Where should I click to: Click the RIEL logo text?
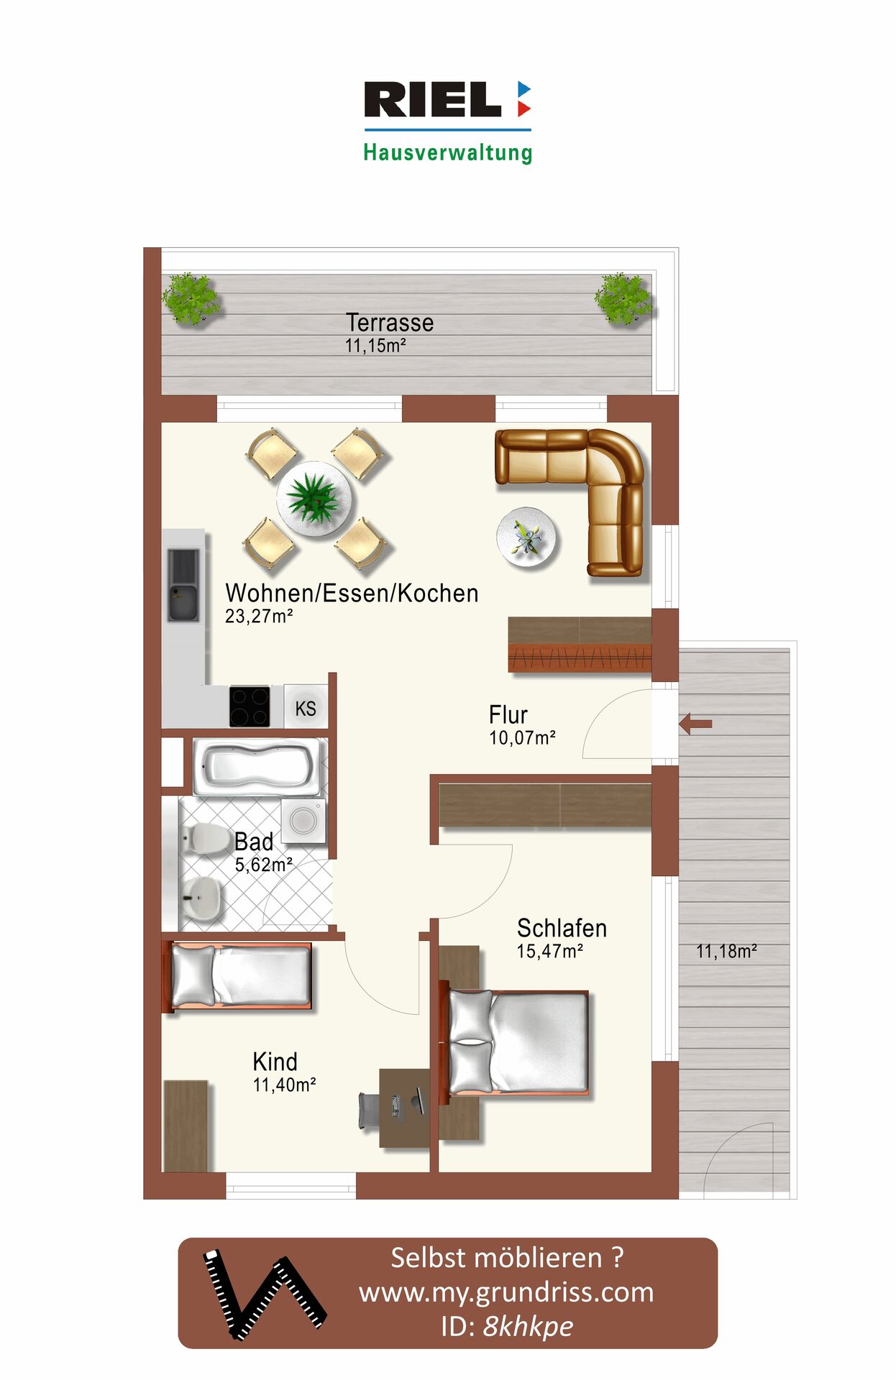point(432,99)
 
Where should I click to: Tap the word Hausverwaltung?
point(447,152)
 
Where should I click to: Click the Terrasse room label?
point(390,323)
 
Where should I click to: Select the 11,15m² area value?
point(375,346)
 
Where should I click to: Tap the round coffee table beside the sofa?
point(527,536)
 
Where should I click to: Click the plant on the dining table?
point(313,498)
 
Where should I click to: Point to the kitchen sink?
point(183,584)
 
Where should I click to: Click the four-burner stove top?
point(250,707)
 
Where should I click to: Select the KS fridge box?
point(306,708)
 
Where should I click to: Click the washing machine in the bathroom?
point(303,820)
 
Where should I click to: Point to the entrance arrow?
point(695,723)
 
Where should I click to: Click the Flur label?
point(508,715)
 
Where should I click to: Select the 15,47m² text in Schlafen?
point(550,952)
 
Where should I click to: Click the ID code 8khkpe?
point(529,1326)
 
